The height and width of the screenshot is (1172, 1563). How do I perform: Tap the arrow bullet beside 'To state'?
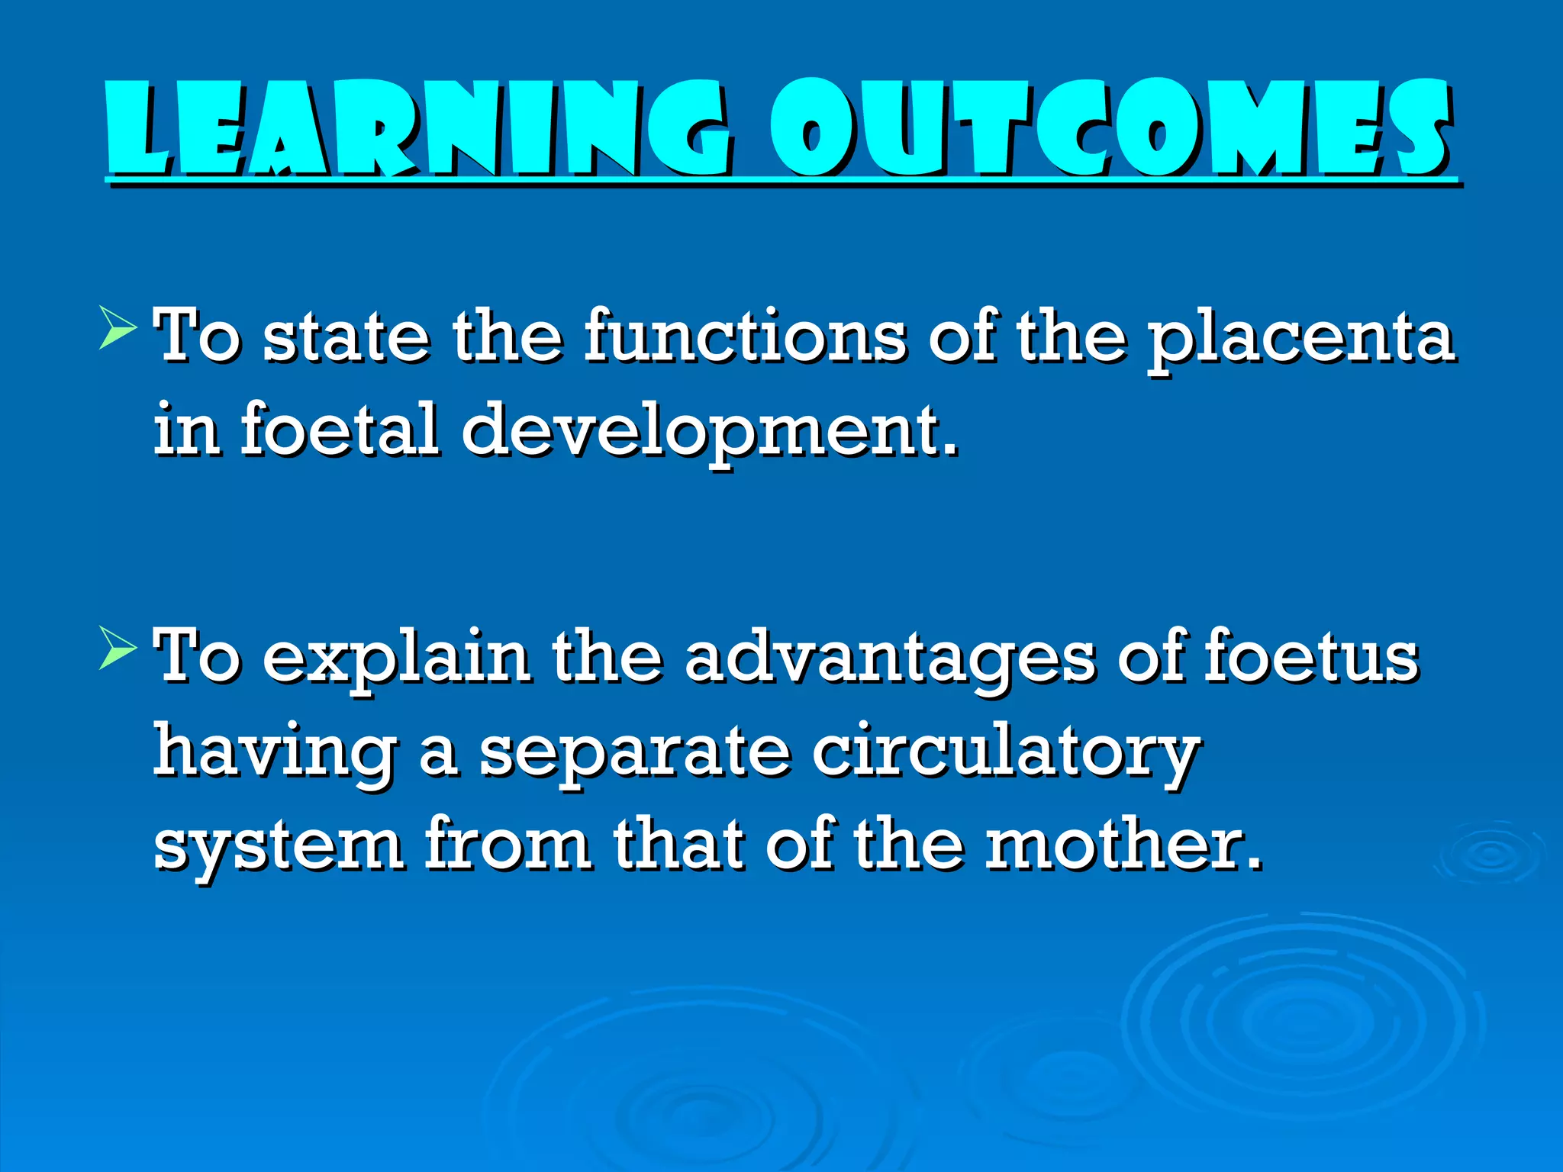pos(118,330)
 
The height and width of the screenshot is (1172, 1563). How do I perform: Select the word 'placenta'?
pos(1301,340)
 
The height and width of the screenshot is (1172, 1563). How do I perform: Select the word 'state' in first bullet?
pos(346,338)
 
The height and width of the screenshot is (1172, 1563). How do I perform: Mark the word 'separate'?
pos(634,754)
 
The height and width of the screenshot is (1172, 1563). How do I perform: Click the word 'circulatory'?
pos(1006,754)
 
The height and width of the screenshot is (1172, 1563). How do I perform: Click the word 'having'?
pos(276,754)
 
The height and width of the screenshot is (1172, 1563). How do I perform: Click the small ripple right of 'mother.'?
pos(1489,855)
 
